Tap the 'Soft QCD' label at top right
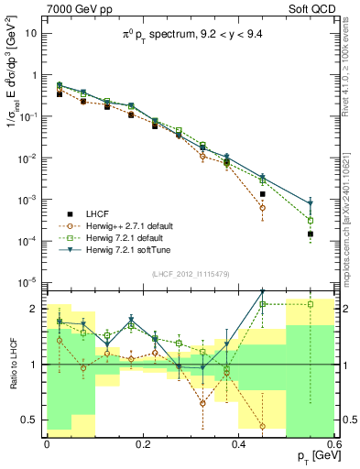click(313, 8)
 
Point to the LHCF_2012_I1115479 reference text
click(192, 274)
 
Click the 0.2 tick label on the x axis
click(142, 443)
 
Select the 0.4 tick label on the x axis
click(238, 443)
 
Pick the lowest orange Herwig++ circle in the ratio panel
click(263, 426)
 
